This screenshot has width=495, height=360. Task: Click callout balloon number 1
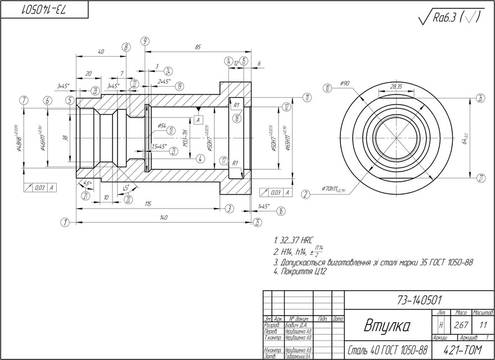point(65,223)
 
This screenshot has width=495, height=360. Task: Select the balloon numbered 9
point(145,41)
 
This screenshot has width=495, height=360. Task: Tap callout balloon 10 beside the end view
point(327,88)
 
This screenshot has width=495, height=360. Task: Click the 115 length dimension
point(148,204)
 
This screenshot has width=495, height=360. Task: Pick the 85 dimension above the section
point(198,47)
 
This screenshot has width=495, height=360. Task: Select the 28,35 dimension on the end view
point(396,87)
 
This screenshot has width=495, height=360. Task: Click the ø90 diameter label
point(345,83)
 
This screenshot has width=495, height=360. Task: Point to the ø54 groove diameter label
point(161,125)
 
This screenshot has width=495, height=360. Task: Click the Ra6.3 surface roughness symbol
point(450,18)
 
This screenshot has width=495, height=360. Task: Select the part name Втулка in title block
point(387,326)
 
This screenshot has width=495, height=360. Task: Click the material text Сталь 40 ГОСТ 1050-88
point(388,350)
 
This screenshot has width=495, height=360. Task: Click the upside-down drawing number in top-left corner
point(45,10)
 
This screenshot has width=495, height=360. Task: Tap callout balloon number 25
point(257,222)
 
